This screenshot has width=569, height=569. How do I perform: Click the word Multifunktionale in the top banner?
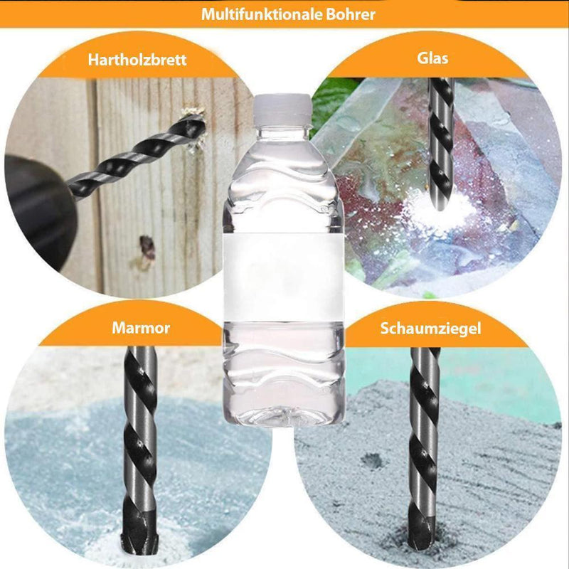[261, 14]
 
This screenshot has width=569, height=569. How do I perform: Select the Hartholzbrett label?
[137, 60]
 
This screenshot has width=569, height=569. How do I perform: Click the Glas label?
[432, 58]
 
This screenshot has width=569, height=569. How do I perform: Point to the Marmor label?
[141, 328]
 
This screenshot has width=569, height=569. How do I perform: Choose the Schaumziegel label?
[431, 329]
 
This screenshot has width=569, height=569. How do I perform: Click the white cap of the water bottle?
[282, 108]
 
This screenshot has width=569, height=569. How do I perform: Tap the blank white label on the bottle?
[283, 277]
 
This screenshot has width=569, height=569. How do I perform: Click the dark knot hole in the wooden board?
[147, 247]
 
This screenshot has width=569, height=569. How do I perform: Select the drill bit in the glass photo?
[441, 144]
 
